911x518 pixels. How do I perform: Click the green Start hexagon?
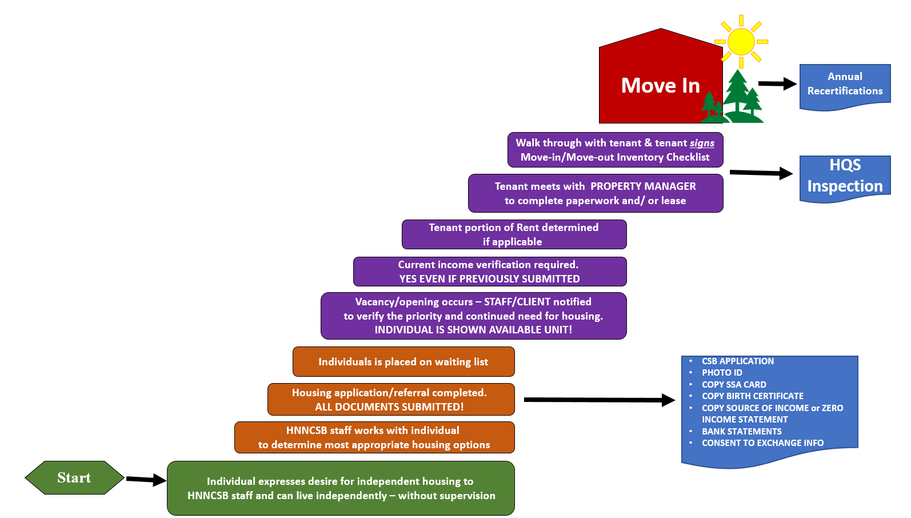tap(74, 477)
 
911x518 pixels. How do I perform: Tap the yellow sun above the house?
tap(741, 42)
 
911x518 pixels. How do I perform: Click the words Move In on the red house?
tap(660, 86)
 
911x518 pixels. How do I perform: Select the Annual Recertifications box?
tap(845, 85)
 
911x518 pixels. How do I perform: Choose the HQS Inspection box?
tap(845, 176)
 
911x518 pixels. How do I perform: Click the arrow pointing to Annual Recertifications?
tap(777, 83)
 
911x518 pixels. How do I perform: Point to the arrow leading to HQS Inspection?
tap(761, 173)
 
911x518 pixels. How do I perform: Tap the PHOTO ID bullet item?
tap(722, 373)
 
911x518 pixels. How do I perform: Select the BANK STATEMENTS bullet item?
tap(741, 432)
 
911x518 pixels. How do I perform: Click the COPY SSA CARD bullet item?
tap(734, 385)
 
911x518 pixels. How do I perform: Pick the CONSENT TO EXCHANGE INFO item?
tap(762, 443)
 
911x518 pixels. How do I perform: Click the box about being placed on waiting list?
tap(403, 362)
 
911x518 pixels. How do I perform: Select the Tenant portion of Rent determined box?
tap(514, 234)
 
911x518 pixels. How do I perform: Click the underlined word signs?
tap(702, 143)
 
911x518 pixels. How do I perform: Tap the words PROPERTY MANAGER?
tap(643, 186)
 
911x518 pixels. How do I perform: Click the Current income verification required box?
tap(489, 272)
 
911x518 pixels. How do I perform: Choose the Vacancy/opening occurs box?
tap(473, 316)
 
